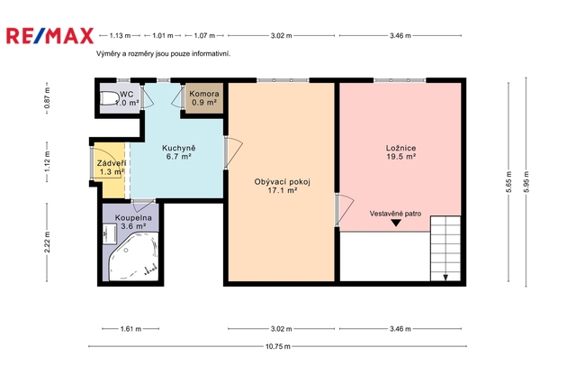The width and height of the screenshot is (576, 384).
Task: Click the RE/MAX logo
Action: point(50,36)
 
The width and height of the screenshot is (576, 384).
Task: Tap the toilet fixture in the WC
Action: point(109,98)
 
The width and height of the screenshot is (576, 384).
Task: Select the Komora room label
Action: point(204,98)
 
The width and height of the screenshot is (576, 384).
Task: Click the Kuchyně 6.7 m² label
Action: point(179,152)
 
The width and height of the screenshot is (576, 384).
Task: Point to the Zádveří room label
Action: point(112,168)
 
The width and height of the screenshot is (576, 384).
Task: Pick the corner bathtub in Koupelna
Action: point(134,256)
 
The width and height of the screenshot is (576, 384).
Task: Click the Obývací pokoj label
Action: point(282,186)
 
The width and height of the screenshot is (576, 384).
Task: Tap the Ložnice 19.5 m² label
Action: point(400,152)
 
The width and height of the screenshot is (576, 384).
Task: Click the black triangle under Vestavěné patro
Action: point(396,223)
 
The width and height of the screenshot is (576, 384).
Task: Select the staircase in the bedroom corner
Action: point(445,249)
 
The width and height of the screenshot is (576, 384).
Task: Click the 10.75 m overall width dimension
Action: point(278,346)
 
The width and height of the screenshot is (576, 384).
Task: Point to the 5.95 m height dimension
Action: point(526,182)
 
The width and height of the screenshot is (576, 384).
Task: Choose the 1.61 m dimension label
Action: point(130,328)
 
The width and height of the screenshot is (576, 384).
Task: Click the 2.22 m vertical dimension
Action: point(47,242)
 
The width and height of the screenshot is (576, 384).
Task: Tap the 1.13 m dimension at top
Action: point(120,36)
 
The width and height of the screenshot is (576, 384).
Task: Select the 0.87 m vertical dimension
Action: point(47,98)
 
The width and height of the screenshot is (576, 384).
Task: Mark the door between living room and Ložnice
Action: point(344,210)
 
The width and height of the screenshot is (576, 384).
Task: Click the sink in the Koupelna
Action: point(110,233)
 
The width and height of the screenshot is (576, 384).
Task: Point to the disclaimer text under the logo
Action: point(164,54)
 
